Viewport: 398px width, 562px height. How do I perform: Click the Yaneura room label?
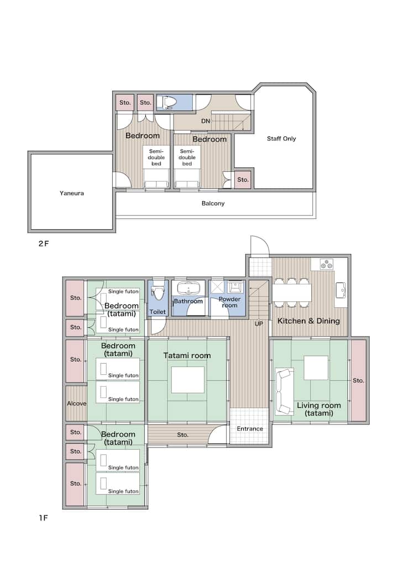[72, 193]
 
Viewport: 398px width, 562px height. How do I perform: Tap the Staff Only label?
[281, 139]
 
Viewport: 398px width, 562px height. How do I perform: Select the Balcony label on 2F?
[213, 203]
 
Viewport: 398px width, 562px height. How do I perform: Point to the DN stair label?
[206, 121]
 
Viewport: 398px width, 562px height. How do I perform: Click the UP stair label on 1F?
[259, 324]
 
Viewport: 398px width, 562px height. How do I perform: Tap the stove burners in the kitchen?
[326, 264]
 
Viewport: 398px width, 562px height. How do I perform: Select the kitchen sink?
[341, 290]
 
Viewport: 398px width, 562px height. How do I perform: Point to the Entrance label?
[250, 429]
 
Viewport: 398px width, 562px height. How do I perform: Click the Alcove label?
[77, 403]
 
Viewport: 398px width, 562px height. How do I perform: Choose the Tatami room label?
[187, 355]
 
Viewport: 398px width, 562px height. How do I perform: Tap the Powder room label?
[229, 302]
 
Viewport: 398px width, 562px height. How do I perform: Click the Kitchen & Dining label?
[308, 321]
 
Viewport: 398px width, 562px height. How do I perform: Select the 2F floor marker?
[43, 244]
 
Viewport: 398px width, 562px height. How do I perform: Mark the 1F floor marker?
[43, 518]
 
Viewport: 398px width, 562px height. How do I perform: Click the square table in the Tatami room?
[188, 380]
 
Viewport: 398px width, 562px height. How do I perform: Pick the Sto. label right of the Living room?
[358, 380]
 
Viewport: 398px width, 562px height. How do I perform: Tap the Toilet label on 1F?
[158, 312]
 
